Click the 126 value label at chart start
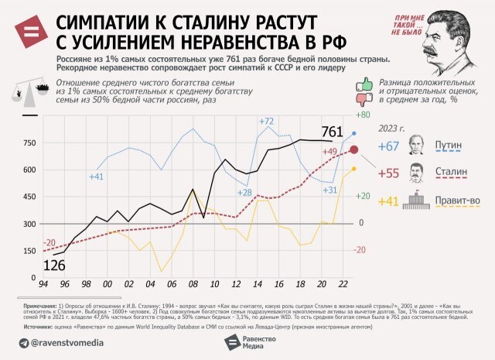click(x=53, y=266)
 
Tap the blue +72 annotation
click(x=266, y=122)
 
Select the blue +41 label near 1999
click(x=96, y=177)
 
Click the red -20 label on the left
click(x=49, y=242)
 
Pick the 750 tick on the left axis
click(x=29, y=142)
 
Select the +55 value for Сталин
click(x=388, y=173)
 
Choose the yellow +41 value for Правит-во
click(x=388, y=201)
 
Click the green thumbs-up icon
click(x=360, y=81)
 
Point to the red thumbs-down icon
click(x=360, y=99)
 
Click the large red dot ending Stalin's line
click(x=354, y=150)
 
